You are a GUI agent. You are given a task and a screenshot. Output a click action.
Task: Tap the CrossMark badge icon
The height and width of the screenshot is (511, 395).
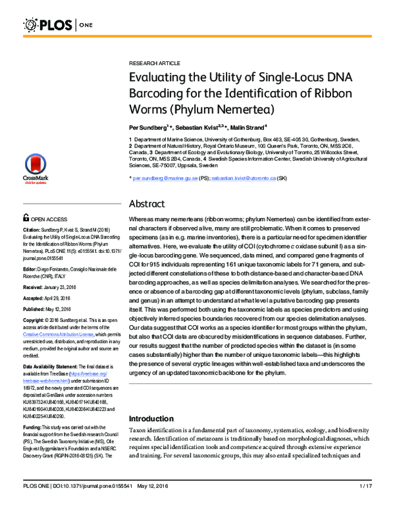click(x=34, y=171)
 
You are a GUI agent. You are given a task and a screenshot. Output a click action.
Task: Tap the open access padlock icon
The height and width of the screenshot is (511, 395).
click(x=26, y=218)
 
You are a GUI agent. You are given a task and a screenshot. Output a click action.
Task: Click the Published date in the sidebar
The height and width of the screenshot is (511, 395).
click(x=62, y=311)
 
